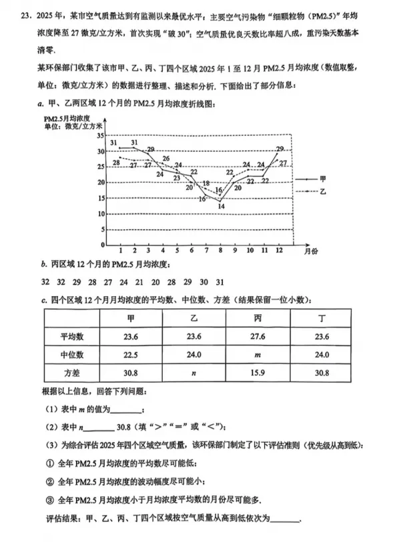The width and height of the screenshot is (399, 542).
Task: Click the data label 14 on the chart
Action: pos(220,206)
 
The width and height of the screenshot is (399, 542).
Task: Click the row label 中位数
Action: pos(70,355)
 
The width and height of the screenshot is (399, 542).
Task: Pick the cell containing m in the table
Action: pos(257,355)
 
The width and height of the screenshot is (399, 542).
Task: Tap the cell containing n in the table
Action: pos(193,373)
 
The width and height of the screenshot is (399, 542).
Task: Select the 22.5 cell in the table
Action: pos(130,355)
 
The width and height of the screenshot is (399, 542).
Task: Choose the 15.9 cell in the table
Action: pos(257,373)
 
